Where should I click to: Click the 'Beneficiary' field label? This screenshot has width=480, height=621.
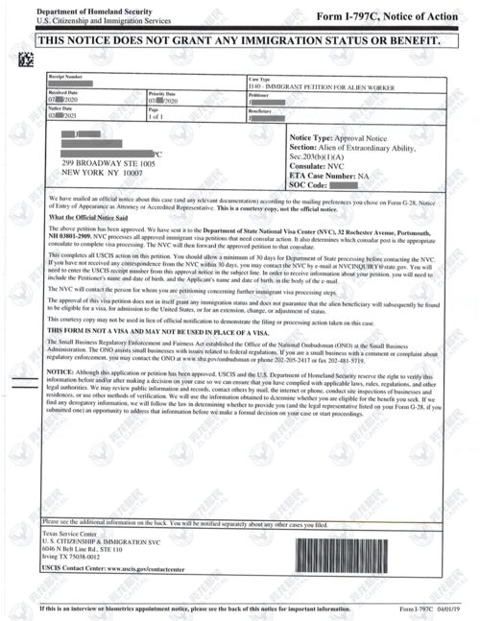click(262, 111)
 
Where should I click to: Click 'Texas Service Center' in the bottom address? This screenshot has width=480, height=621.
click(73, 534)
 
